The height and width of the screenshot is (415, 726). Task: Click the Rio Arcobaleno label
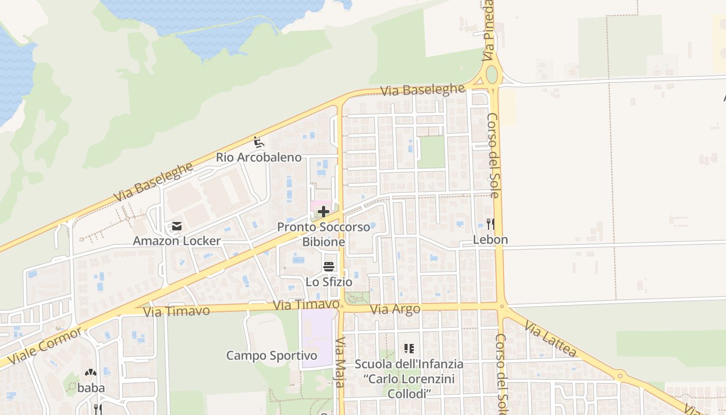(x=259, y=157)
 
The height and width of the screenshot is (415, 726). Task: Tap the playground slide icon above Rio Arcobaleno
(x=258, y=141)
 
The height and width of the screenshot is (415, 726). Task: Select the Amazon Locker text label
(x=177, y=241)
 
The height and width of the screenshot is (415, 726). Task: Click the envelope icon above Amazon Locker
(x=177, y=226)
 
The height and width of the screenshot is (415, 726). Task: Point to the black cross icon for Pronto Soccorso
(x=324, y=212)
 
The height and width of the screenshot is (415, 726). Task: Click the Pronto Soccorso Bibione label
(x=324, y=234)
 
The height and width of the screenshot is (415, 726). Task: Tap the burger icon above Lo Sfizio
(x=329, y=267)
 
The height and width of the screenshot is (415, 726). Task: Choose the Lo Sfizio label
(x=329, y=282)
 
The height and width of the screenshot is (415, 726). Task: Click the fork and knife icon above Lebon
(x=490, y=224)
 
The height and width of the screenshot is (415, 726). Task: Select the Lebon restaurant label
(x=490, y=240)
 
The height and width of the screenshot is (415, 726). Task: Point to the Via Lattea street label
(x=550, y=339)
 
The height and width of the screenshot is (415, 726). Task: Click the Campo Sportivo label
(x=272, y=356)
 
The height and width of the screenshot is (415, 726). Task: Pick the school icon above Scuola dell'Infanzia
(x=409, y=349)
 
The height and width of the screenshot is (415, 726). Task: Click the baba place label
(x=91, y=388)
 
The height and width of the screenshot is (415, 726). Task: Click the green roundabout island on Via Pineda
(x=492, y=75)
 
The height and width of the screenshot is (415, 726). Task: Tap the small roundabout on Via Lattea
(x=620, y=376)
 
